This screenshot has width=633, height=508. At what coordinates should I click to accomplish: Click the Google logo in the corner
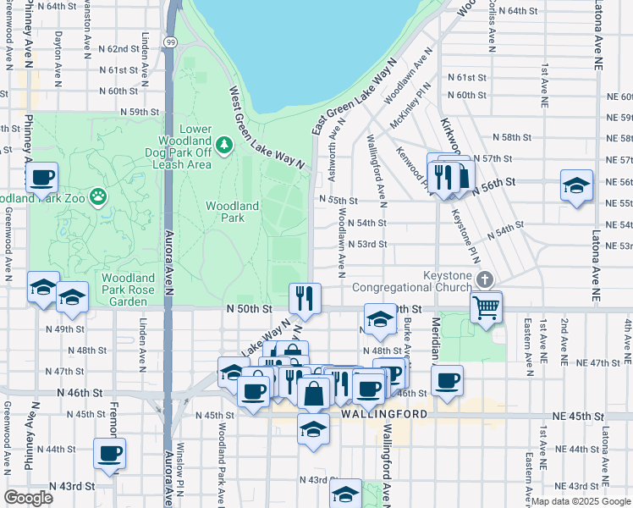click(x=28, y=498)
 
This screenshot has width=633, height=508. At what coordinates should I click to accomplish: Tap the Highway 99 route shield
click(x=172, y=65)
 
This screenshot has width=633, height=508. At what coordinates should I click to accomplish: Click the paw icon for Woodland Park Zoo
click(x=99, y=197)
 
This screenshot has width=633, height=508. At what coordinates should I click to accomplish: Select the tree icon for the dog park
click(x=224, y=146)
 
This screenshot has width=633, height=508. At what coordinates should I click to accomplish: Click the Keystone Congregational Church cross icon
click(x=484, y=279)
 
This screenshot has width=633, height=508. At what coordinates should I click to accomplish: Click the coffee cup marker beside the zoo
click(x=41, y=178)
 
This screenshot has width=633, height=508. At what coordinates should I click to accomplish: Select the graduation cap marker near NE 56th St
click(x=576, y=185)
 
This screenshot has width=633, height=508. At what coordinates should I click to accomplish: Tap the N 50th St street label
click(x=247, y=311)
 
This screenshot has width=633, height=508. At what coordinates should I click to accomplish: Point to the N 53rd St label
click(x=364, y=244)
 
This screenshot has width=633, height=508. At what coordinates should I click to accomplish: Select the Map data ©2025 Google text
click(x=580, y=501)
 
